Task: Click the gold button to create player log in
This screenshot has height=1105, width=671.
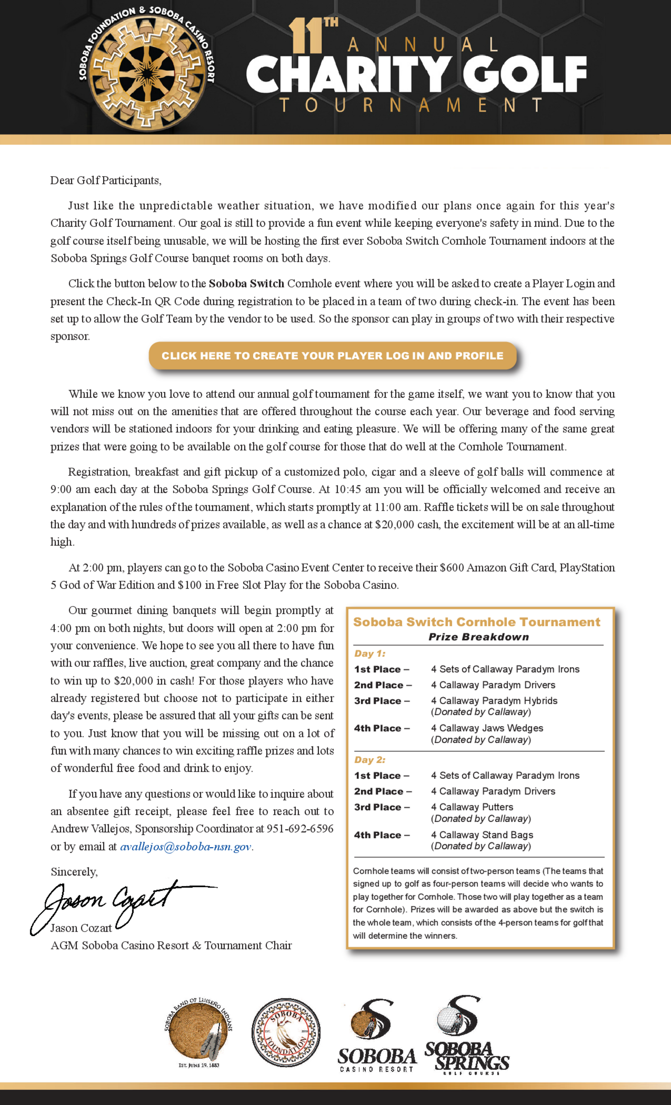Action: pyautogui.click(x=332, y=356)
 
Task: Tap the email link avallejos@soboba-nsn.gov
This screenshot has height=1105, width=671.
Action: pyautogui.click(x=185, y=847)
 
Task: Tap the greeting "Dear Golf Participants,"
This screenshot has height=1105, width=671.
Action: pyautogui.click(x=106, y=180)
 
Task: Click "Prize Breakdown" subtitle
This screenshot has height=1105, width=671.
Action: pyautogui.click(x=478, y=637)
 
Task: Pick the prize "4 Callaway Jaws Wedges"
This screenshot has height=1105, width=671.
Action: pyautogui.click(x=487, y=728)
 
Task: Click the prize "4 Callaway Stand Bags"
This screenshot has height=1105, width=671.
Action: pyautogui.click(x=482, y=835)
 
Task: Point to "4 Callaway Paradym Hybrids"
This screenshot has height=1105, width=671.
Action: pyautogui.click(x=494, y=700)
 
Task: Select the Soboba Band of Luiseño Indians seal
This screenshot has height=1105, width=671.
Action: pyautogui.click(x=199, y=1034)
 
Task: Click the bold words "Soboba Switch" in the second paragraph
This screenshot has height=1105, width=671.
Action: pyautogui.click(x=246, y=283)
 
